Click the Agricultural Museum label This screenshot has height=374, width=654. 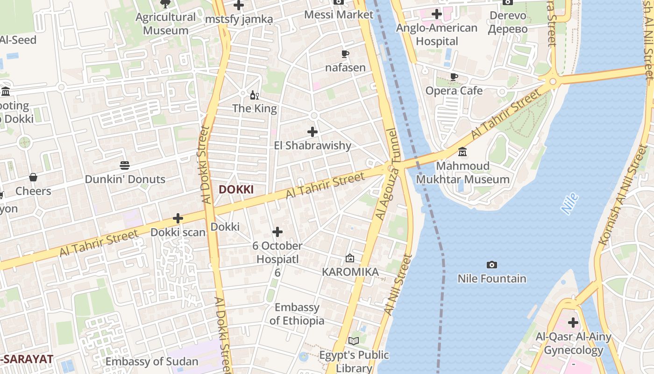coord(165,24)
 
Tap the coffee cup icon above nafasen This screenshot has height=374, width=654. coord(345,54)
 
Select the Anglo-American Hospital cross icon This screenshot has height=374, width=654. coord(437,14)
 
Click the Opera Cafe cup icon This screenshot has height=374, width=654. coord(454,77)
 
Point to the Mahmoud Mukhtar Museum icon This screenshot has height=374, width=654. coord(462,152)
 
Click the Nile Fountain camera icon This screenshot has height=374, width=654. coord(491,265)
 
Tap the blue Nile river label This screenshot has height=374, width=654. coord(570,204)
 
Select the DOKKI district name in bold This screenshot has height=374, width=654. coord(236,189)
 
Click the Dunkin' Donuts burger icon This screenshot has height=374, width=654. coord(125,165)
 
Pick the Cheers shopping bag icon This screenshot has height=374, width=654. coord(33,177)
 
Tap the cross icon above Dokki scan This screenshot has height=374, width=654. coord(178,218)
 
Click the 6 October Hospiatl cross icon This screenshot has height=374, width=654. coord(277,232)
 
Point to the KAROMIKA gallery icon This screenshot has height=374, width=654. coord(350,258)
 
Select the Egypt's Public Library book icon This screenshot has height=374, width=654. coord(354,341)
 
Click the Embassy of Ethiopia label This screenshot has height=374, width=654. coord(297,314)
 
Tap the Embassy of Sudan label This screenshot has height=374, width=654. coord(152,361)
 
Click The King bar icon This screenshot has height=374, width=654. coord(255,95)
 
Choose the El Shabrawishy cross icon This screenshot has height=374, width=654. coord(313,132)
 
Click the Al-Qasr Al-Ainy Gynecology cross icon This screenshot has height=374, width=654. coord(573,323)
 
